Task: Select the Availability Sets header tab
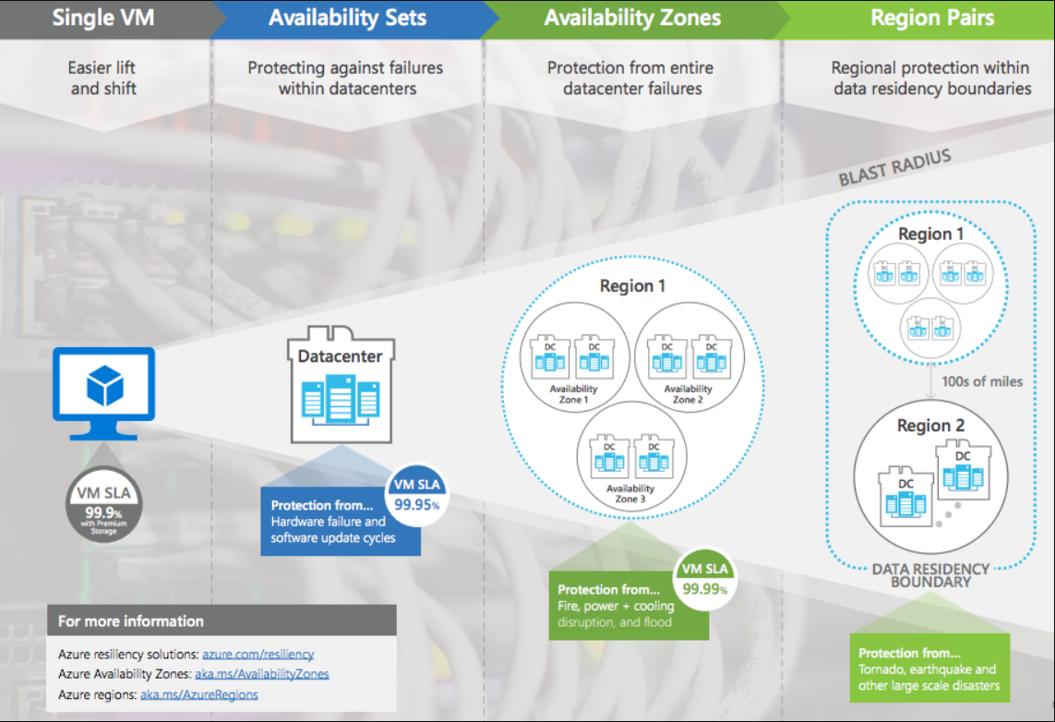coord(347,18)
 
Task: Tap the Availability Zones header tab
coord(632,18)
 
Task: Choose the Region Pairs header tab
coord(932,18)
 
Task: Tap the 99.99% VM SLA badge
coord(704,580)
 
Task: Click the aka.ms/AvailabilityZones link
coord(262,674)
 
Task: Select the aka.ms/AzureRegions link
coord(199,694)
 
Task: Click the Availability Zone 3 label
coord(631,494)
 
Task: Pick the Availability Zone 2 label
coord(688,394)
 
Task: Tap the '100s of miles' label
coord(982,381)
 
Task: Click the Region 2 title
coord(930,426)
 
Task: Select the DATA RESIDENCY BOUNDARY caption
coord(930,575)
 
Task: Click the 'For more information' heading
coord(131,620)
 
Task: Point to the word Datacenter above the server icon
coord(341,355)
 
